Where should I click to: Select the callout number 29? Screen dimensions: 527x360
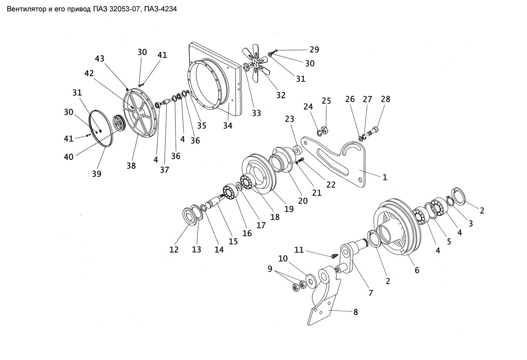[x=314, y=49]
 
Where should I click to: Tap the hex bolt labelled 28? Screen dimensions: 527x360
[x=372, y=132]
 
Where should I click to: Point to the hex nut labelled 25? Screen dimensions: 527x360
[x=324, y=130]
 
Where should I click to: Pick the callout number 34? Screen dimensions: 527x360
[x=228, y=126]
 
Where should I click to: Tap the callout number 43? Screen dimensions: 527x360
[x=99, y=58]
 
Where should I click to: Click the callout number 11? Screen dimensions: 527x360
[x=299, y=250]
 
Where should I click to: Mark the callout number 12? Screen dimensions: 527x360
[x=174, y=250]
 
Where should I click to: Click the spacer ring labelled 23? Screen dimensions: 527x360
[x=297, y=150]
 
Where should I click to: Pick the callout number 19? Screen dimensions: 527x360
[x=289, y=209]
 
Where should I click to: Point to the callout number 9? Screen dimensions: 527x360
[x=270, y=268]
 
